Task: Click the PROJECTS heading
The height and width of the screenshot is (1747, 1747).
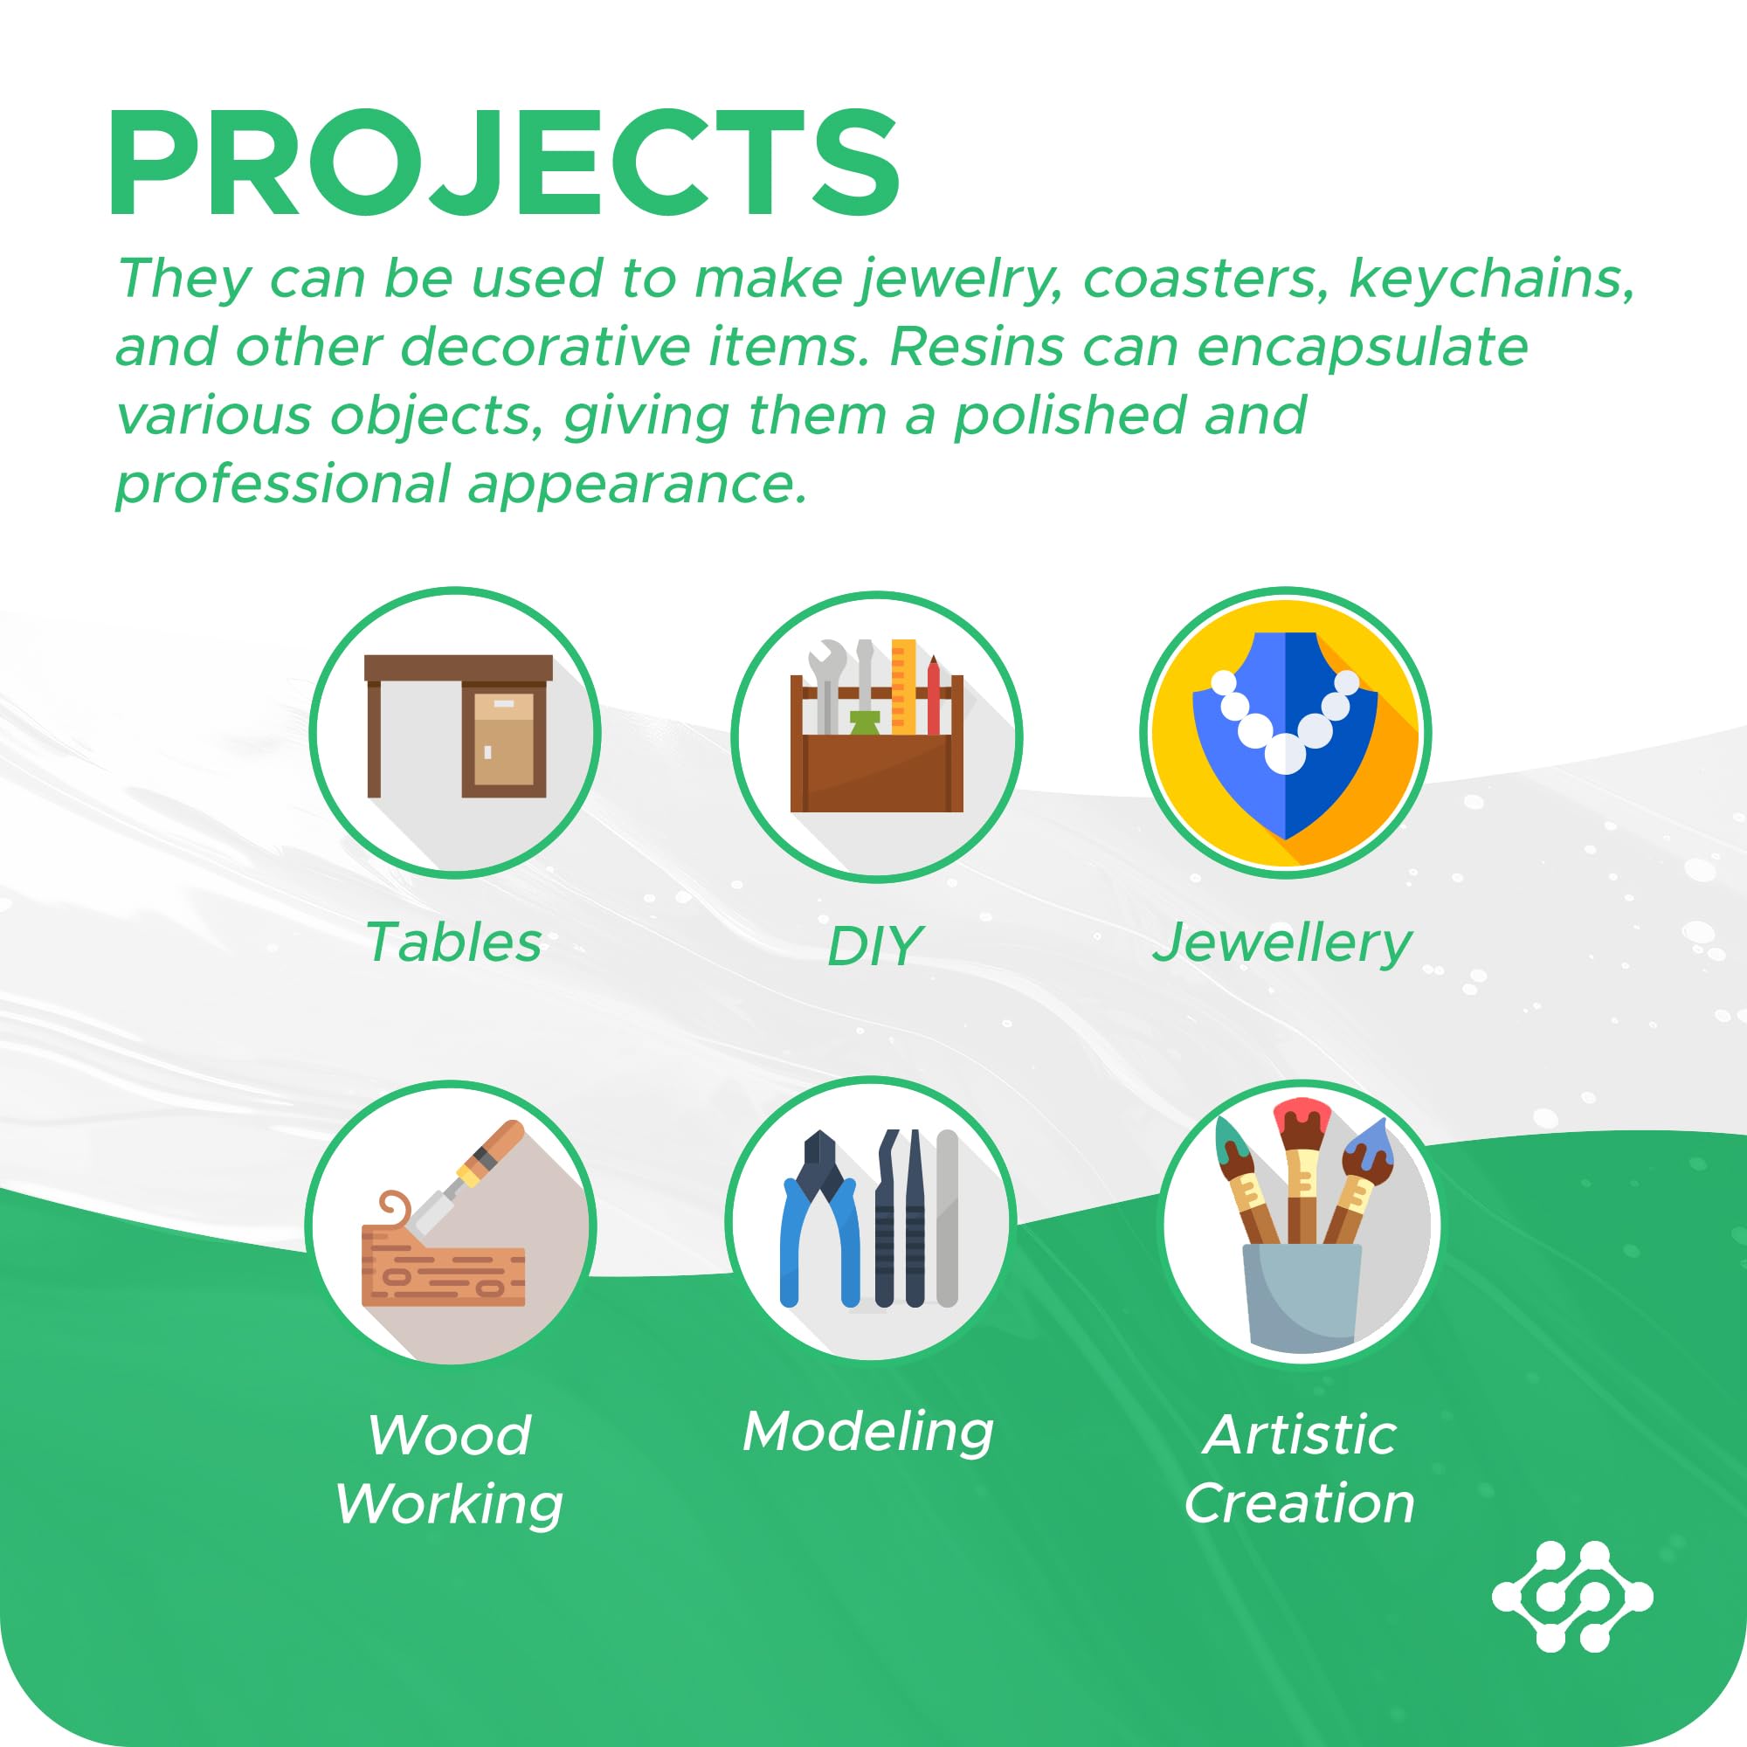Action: [x=505, y=162]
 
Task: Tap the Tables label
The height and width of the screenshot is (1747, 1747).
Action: [x=453, y=943]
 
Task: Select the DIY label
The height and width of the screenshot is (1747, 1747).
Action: [x=874, y=946]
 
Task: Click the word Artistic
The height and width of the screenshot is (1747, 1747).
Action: [x=1301, y=1434]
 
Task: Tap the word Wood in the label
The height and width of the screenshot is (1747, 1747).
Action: [x=449, y=1436]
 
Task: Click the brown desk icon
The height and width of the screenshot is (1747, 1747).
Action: [x=458, y=726]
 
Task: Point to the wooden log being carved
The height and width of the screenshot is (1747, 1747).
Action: [x=443, y=1275]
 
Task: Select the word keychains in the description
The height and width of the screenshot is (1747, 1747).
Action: [x=1492, y=279]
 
